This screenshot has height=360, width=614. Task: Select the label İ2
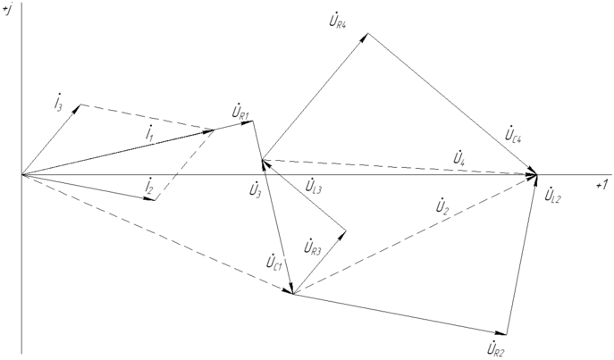point(149,186)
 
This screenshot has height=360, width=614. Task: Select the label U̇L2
point(551,195)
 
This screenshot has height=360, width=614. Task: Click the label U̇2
point(441,208)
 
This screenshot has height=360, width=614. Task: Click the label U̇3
point(256,188)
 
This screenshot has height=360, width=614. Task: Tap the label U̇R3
point(312,247)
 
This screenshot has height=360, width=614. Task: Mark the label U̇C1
point(275,263)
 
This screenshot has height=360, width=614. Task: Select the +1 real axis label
point(601,183)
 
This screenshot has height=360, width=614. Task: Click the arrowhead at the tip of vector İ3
point(80,106)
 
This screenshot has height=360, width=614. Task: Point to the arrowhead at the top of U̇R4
point(366,36)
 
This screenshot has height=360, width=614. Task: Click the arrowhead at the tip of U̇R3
point(344,231)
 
